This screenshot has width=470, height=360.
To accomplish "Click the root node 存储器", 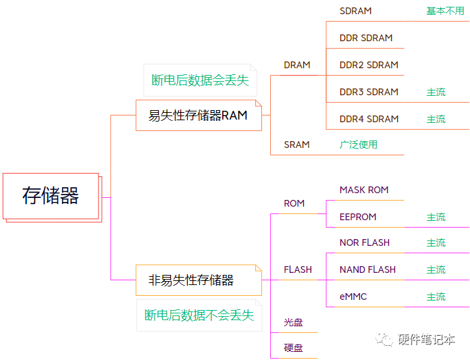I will pos(51,196).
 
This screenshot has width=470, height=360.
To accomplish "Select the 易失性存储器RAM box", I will pos(198,115).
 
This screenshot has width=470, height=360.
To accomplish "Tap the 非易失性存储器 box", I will pos(191,280).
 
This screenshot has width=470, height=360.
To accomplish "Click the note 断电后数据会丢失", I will pos(200,80).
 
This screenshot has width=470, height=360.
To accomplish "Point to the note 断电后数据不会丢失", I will pos(199,315).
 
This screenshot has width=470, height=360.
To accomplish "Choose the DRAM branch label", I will pos(297,66).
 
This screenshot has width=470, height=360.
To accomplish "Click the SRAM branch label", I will pos(296,145).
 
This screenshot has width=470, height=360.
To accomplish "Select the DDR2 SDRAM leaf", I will pos(369,65).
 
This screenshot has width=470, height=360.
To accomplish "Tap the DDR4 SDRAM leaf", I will pos(369,119).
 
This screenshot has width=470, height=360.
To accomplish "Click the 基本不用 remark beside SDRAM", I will pos(445,11).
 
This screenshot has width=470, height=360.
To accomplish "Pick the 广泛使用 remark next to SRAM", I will pos(359,145).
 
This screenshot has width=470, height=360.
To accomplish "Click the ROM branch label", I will pos(294,203).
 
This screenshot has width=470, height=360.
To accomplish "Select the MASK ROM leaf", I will pos(364,190).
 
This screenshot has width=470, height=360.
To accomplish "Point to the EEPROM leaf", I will pos(358,217).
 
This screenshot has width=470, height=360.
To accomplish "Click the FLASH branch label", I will pos(298,269).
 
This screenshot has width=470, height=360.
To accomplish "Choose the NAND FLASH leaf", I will pos(367,269).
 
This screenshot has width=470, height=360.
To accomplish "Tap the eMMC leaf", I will pos(353,297).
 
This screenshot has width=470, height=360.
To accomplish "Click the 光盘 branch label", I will pos(293,322).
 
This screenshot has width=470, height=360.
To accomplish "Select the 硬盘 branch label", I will pos(293,348).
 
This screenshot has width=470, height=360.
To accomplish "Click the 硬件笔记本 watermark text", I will pos(426,339).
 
